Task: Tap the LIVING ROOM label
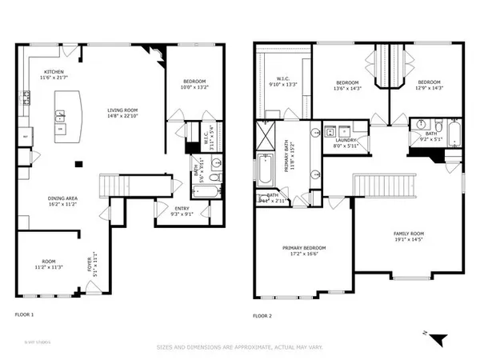click(x=126, y=111)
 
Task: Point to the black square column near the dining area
click(x=78, y=165)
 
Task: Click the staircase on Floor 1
click(x=112, y=186)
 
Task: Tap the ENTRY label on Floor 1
click(x=182, y=209)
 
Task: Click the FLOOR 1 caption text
click(x=26, y=316)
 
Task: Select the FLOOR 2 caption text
click(x=263, y=316)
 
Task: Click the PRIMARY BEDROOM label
click(x=304, y=248)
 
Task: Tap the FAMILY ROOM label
click(x=408, y=234)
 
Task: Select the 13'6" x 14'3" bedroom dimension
click(x=348, y=88)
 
